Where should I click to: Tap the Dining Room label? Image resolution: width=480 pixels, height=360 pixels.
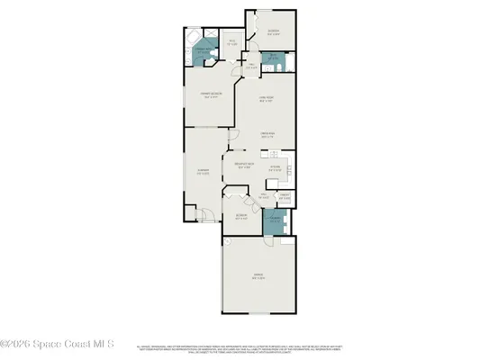click(x=267, y=136)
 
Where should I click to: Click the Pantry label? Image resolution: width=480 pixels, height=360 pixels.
click(x=283, y=197)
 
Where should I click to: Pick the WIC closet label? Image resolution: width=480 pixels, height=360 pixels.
click(x=232, y=42)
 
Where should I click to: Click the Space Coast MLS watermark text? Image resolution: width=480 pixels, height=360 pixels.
click(x=55, y=343)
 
